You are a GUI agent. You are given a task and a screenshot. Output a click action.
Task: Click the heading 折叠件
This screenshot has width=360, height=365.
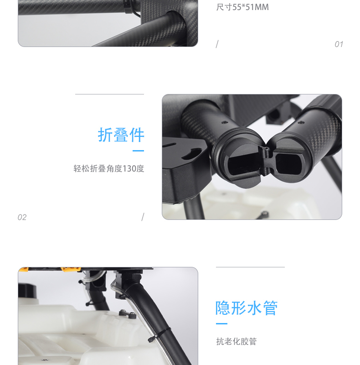coord(121,135)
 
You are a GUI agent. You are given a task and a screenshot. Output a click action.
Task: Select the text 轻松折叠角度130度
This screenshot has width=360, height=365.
coord(109,168)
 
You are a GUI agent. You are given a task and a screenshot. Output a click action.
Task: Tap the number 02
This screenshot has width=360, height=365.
coord(22,217)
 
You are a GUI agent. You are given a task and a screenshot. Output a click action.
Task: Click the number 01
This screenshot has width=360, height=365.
coord(339,44)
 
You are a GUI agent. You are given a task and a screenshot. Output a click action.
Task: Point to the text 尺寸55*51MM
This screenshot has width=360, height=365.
coord(242,8)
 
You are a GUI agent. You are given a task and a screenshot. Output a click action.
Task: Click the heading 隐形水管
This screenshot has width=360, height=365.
coord(247,308)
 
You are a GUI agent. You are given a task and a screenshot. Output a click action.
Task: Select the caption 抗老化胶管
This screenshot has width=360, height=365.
coord(237,341)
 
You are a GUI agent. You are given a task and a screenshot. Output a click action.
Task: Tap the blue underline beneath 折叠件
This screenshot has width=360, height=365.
coord(138,151)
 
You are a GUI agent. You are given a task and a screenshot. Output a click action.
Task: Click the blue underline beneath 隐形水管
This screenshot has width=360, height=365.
coord(221,323)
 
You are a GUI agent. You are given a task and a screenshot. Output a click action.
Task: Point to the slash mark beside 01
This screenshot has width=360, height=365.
coord(217,44)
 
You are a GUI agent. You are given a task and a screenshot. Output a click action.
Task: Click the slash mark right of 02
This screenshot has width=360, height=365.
coord(143,217)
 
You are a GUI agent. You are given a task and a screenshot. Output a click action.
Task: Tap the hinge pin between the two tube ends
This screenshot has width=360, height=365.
coord(265,149)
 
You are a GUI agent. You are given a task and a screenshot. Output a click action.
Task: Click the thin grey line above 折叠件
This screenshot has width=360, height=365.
coord(109,94)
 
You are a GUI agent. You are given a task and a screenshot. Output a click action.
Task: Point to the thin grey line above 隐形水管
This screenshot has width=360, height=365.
coord(250,267)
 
